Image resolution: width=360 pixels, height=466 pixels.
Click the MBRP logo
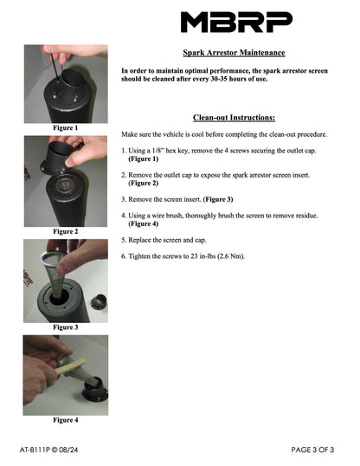coord(236,22)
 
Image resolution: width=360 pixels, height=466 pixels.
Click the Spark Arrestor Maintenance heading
coord(234,53)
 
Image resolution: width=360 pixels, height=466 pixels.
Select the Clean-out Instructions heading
coord(234,118)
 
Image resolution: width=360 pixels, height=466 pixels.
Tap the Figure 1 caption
coord(66,128)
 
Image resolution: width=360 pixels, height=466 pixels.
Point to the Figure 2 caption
coord(66,231)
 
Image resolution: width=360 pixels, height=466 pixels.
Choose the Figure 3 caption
coord(66,327)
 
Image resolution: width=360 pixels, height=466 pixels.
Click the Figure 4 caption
coord(66,419)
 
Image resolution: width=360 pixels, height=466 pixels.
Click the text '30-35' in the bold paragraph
coord(219,79)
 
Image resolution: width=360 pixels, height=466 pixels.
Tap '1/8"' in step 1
coord(157,151)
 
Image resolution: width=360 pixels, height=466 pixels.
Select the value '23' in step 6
coord(194,256)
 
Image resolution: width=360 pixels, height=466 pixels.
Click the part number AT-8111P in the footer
coord(35,450)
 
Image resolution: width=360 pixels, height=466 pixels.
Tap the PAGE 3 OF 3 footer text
coord(312,450)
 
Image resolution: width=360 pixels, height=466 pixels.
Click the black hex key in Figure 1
coord(55,67)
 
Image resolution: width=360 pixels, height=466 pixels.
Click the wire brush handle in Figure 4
coord(71,366)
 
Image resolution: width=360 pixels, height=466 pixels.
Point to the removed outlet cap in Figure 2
coord(61,158)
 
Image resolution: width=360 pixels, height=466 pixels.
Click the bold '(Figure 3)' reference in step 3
coord(218,199)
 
